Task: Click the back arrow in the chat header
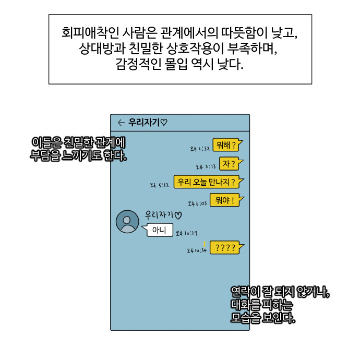[x=121, y=123]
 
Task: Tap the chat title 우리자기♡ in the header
[x=148, y=123]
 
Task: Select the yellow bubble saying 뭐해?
[x=227, y=145]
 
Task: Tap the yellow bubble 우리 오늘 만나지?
[x=207, y=182]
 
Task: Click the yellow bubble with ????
[x=225, y=247]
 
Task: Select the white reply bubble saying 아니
[x=159, y=230]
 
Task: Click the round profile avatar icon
[x=127, y=222]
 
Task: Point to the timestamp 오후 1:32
[x=200, y=149]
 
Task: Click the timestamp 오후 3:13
[x=206, y=167]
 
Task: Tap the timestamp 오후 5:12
[x=160, y=185]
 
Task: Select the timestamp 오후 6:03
[x=198, y=203]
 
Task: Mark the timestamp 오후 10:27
[x=186, y=233]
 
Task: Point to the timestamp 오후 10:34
[x=197, y=251]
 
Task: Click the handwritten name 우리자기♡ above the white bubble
[x=163, y=214]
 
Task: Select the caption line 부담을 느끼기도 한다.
[x=79, y=155]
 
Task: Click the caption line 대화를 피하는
[x=262, y=305]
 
